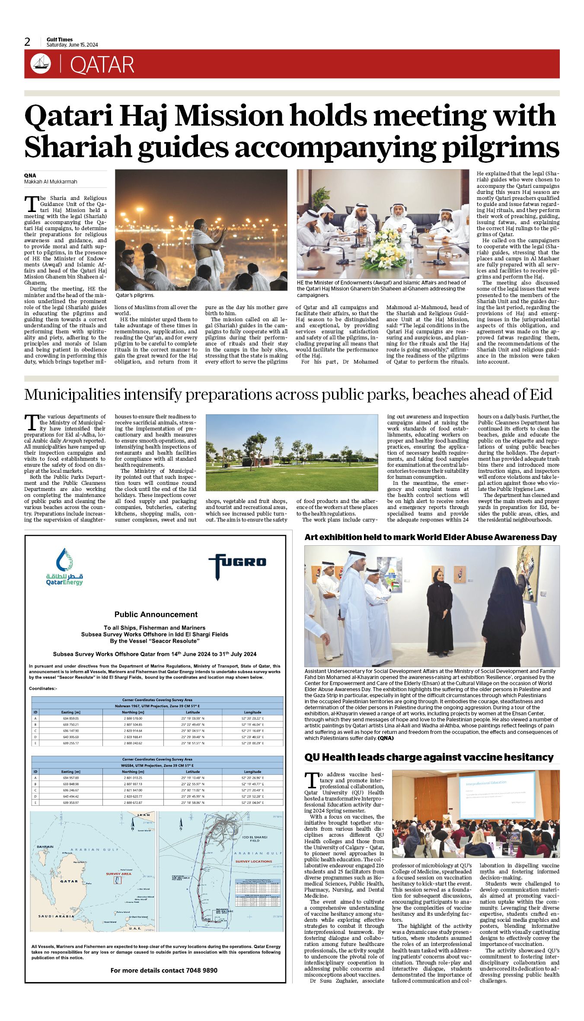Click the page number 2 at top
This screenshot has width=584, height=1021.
(x=27, y=42)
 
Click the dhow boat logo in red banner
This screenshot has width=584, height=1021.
(x=41, y=64)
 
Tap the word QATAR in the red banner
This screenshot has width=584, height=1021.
(x=102, y=65)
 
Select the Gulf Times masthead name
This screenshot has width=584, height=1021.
(x=60, y=39)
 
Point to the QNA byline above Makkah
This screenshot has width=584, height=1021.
(x=30, y=175)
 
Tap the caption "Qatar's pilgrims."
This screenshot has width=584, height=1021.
(x=135, y=295)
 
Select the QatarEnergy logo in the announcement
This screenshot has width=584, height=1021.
(x=64, y=567)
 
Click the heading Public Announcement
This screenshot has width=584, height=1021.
(x=156, y=614)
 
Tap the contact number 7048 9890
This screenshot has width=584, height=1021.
(x=201, y=970)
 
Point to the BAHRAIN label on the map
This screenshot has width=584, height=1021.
(x=45, y=847)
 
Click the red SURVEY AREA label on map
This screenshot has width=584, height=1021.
(x=118, y=874)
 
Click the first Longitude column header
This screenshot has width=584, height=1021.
(x=252, y=712)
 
